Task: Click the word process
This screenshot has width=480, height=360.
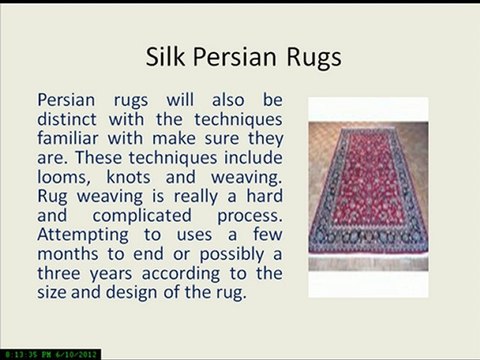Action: [x=247, y=216]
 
